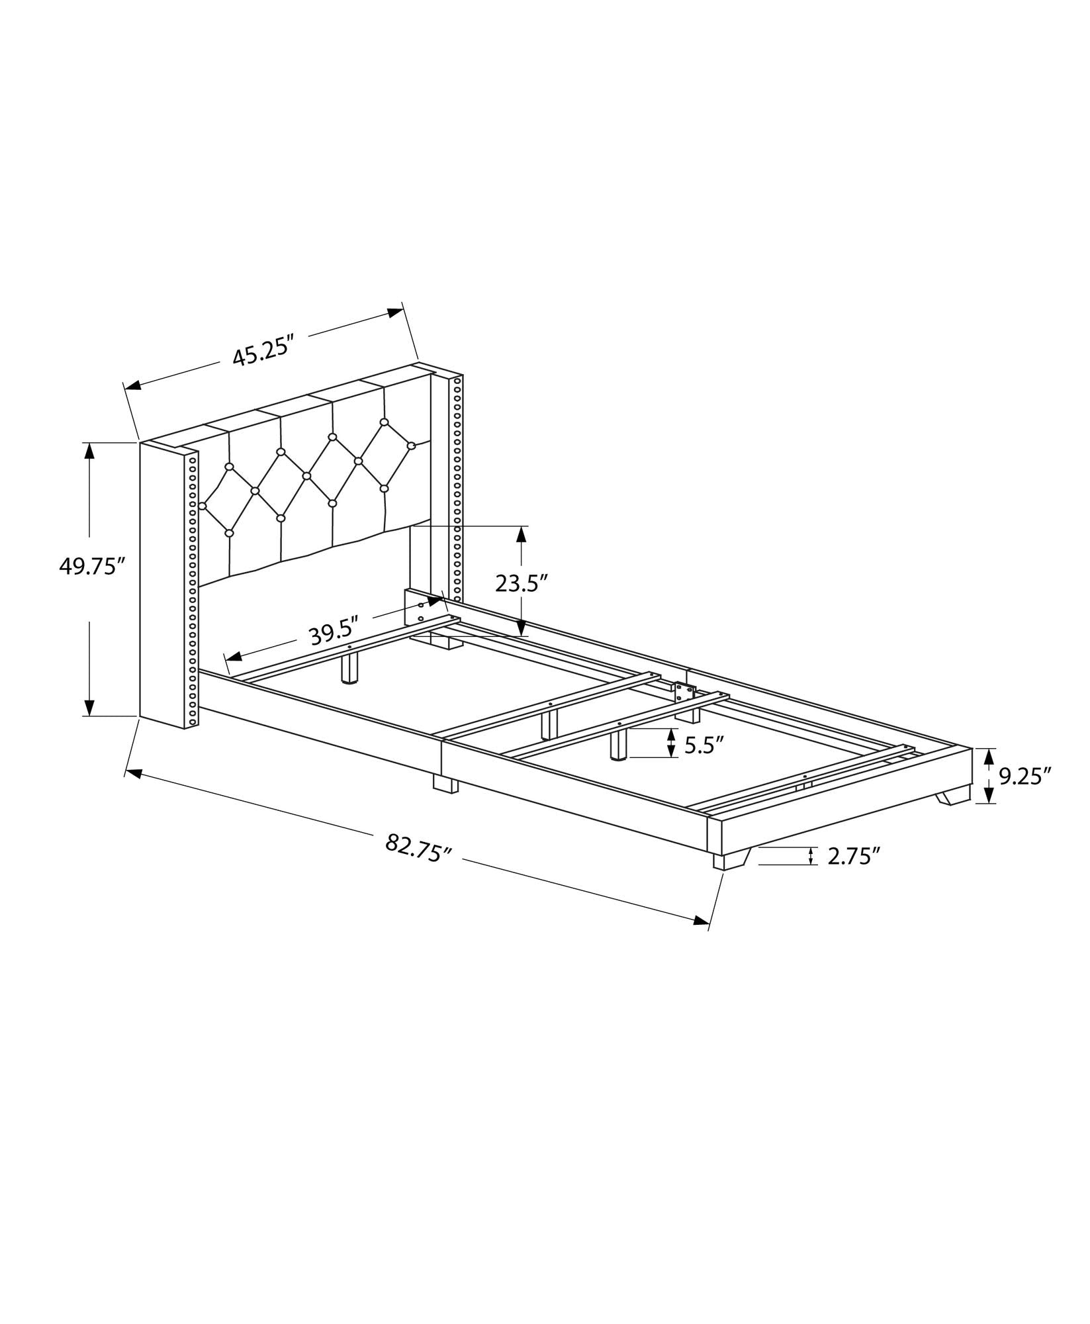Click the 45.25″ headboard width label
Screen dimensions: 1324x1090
(x=262, y=355)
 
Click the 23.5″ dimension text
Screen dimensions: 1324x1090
(x=522, y=583)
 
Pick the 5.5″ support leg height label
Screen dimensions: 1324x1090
(x=701, y=745)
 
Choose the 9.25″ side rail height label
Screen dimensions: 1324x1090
(x=1025, y=775)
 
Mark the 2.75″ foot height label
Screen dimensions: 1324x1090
(x=853, y=856)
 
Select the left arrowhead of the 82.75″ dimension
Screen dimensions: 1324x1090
(x=134, y=773)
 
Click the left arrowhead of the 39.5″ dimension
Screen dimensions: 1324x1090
(x=233, y=656)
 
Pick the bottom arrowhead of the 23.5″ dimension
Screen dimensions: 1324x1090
(x=522, y=628)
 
